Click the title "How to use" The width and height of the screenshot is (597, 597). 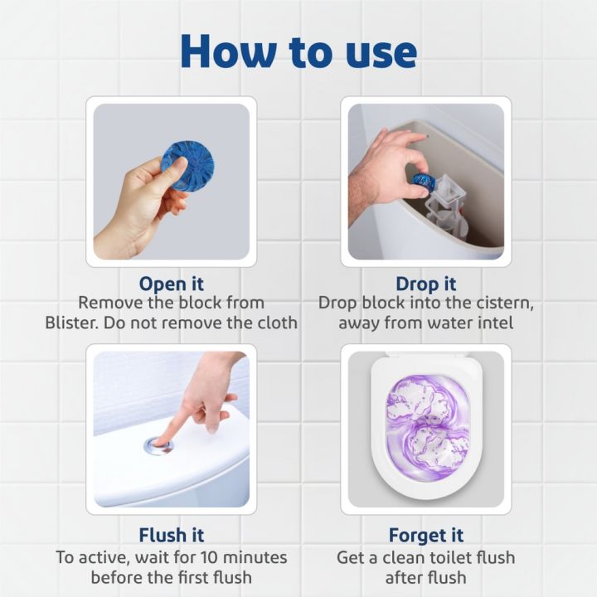point(298,51)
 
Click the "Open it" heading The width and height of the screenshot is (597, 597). point(172,283)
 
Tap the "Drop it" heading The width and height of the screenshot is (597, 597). point(425,283)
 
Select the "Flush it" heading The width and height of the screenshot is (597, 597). point(172,535)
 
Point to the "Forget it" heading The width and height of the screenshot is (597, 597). point(425,535)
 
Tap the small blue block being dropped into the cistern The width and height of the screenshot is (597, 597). point(424,181)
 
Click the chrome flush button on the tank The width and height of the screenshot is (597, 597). point(158,445)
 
